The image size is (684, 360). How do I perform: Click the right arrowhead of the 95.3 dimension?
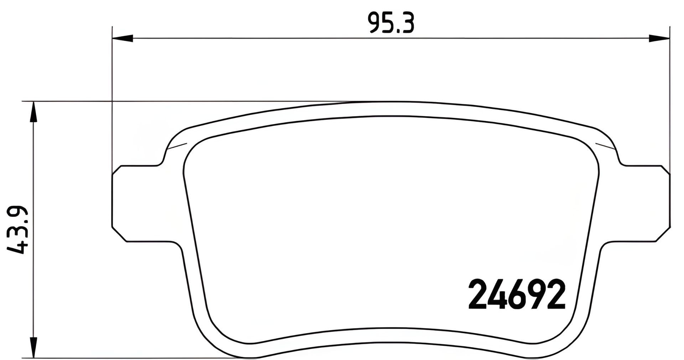pyautogui.click(x=659, y=38)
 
